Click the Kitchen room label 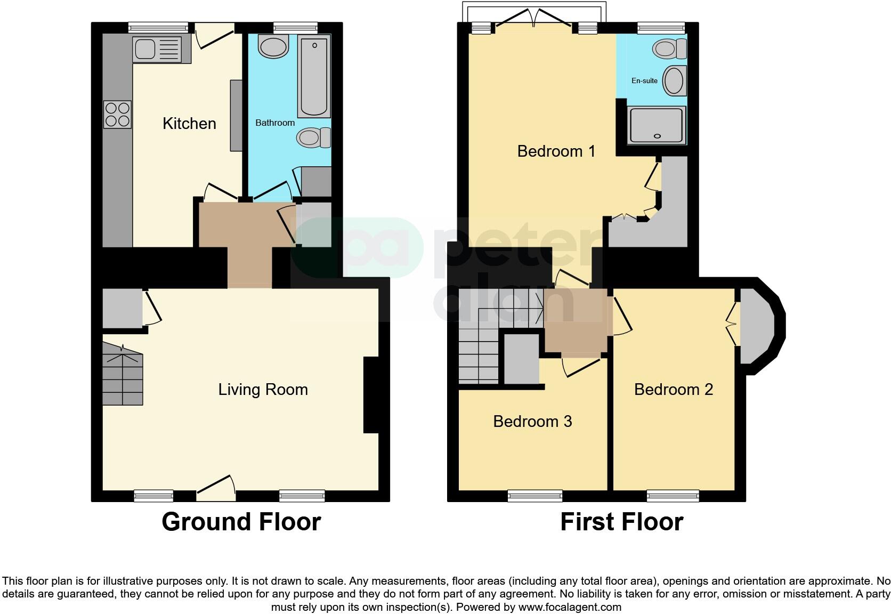point(189,124)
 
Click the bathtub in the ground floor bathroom point(313,76)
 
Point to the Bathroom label point(275,123)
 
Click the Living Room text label point(263,390)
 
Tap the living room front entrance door point(216,488)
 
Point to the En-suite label point(644,81)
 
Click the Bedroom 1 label point(556,151)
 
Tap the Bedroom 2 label point(673,390)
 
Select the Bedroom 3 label point(532,422)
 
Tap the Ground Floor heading point(241,522)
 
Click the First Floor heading point(621,522)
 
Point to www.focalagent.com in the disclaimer point(570,607)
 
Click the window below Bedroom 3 point(535,496)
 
